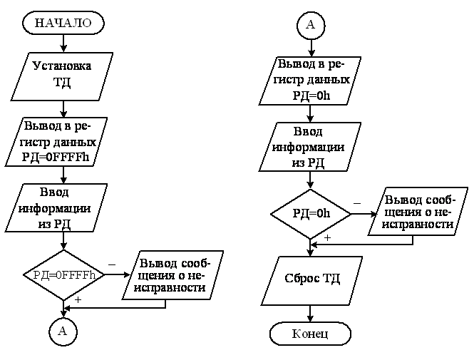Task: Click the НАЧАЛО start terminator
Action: pos(63,23)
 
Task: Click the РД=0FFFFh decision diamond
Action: pos(63,274)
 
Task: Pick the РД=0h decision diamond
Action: pos(311,214)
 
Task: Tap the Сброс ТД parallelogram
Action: pos(311,278)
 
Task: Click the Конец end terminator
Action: pos(311,333)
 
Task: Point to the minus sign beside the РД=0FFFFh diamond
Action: pos(112,264)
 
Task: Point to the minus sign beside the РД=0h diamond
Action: pos(356,203)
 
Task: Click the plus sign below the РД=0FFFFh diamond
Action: pos(78,300)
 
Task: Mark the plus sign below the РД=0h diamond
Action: pos(327,237)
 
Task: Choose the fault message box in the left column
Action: pos(172,274)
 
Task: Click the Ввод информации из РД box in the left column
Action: pos(63,207)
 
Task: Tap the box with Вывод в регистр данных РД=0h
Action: pos(311,81)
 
